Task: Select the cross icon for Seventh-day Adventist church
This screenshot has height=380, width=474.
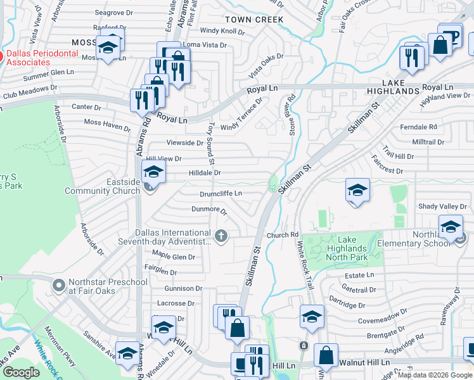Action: (221, 236)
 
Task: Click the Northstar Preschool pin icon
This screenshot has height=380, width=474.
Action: (59, 286)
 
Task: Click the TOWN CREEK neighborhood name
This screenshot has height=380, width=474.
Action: (260, 20)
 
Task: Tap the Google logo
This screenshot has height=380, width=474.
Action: (21, 372)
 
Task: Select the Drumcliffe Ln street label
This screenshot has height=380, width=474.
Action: (222, 193)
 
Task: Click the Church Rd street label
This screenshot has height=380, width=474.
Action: (282, 235)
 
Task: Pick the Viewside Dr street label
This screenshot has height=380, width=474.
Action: (184, 144)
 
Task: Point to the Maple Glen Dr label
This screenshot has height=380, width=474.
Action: (174, 256)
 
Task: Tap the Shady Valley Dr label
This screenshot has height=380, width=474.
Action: (442, 206)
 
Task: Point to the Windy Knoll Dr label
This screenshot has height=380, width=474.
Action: (222, 30)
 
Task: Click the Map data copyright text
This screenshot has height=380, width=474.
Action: (434, 375)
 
